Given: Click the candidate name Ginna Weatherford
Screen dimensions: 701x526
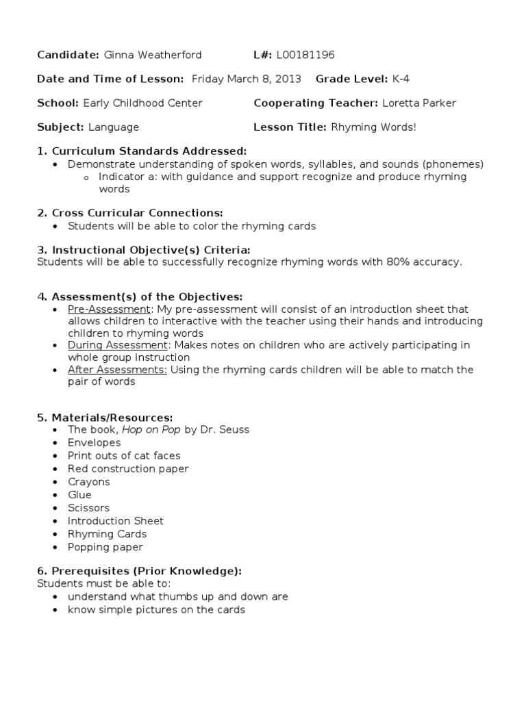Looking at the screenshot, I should tap(153, 55).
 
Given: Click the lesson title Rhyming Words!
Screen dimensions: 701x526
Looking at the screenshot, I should tap(374, 127).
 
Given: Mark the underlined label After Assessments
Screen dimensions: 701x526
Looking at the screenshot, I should tap(117, 370).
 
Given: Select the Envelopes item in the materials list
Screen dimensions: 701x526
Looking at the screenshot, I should tap(94, 443).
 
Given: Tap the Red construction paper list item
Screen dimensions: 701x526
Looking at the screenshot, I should tap(128, 469).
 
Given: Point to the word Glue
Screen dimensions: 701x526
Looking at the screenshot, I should tap(79, 495).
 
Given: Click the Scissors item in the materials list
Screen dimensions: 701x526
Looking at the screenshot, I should tap(88, 508).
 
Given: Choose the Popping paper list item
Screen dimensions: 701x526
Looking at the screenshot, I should tap(105, 547).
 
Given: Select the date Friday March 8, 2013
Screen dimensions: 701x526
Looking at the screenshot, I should tap(247, 79).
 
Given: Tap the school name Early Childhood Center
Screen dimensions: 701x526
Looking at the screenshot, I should tap(142, 103).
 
